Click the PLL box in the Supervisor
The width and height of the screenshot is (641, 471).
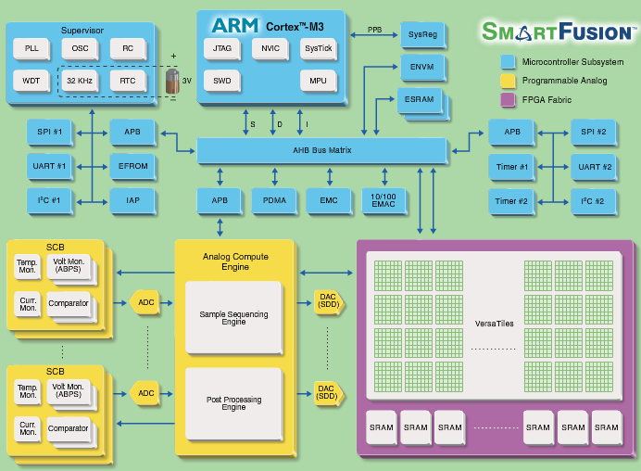click(x=31, y=47)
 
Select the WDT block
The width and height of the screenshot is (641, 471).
click(x=31, y=81)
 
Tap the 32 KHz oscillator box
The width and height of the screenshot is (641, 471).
click(x=81, y=81)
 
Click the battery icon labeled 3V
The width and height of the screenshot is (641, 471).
click(x=172, y=81)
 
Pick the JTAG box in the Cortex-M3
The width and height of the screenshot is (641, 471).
click(x=222, y=47)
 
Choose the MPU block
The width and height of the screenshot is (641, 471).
click(x=319, y=81)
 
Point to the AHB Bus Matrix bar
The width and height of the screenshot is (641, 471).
click(x=321, y=151)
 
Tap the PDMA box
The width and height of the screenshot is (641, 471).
click(x=274, y=200)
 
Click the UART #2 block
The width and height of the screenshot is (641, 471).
click(x=594, y=167)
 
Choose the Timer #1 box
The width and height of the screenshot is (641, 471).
click(x=511, y=167)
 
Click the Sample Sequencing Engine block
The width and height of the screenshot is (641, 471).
click(x=233, y=317)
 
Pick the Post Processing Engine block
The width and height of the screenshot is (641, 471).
click(x=233, y=403)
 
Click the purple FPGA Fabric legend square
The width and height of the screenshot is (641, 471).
click(x=507, y=99)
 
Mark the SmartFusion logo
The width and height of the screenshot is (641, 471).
click(x=559, y=32)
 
